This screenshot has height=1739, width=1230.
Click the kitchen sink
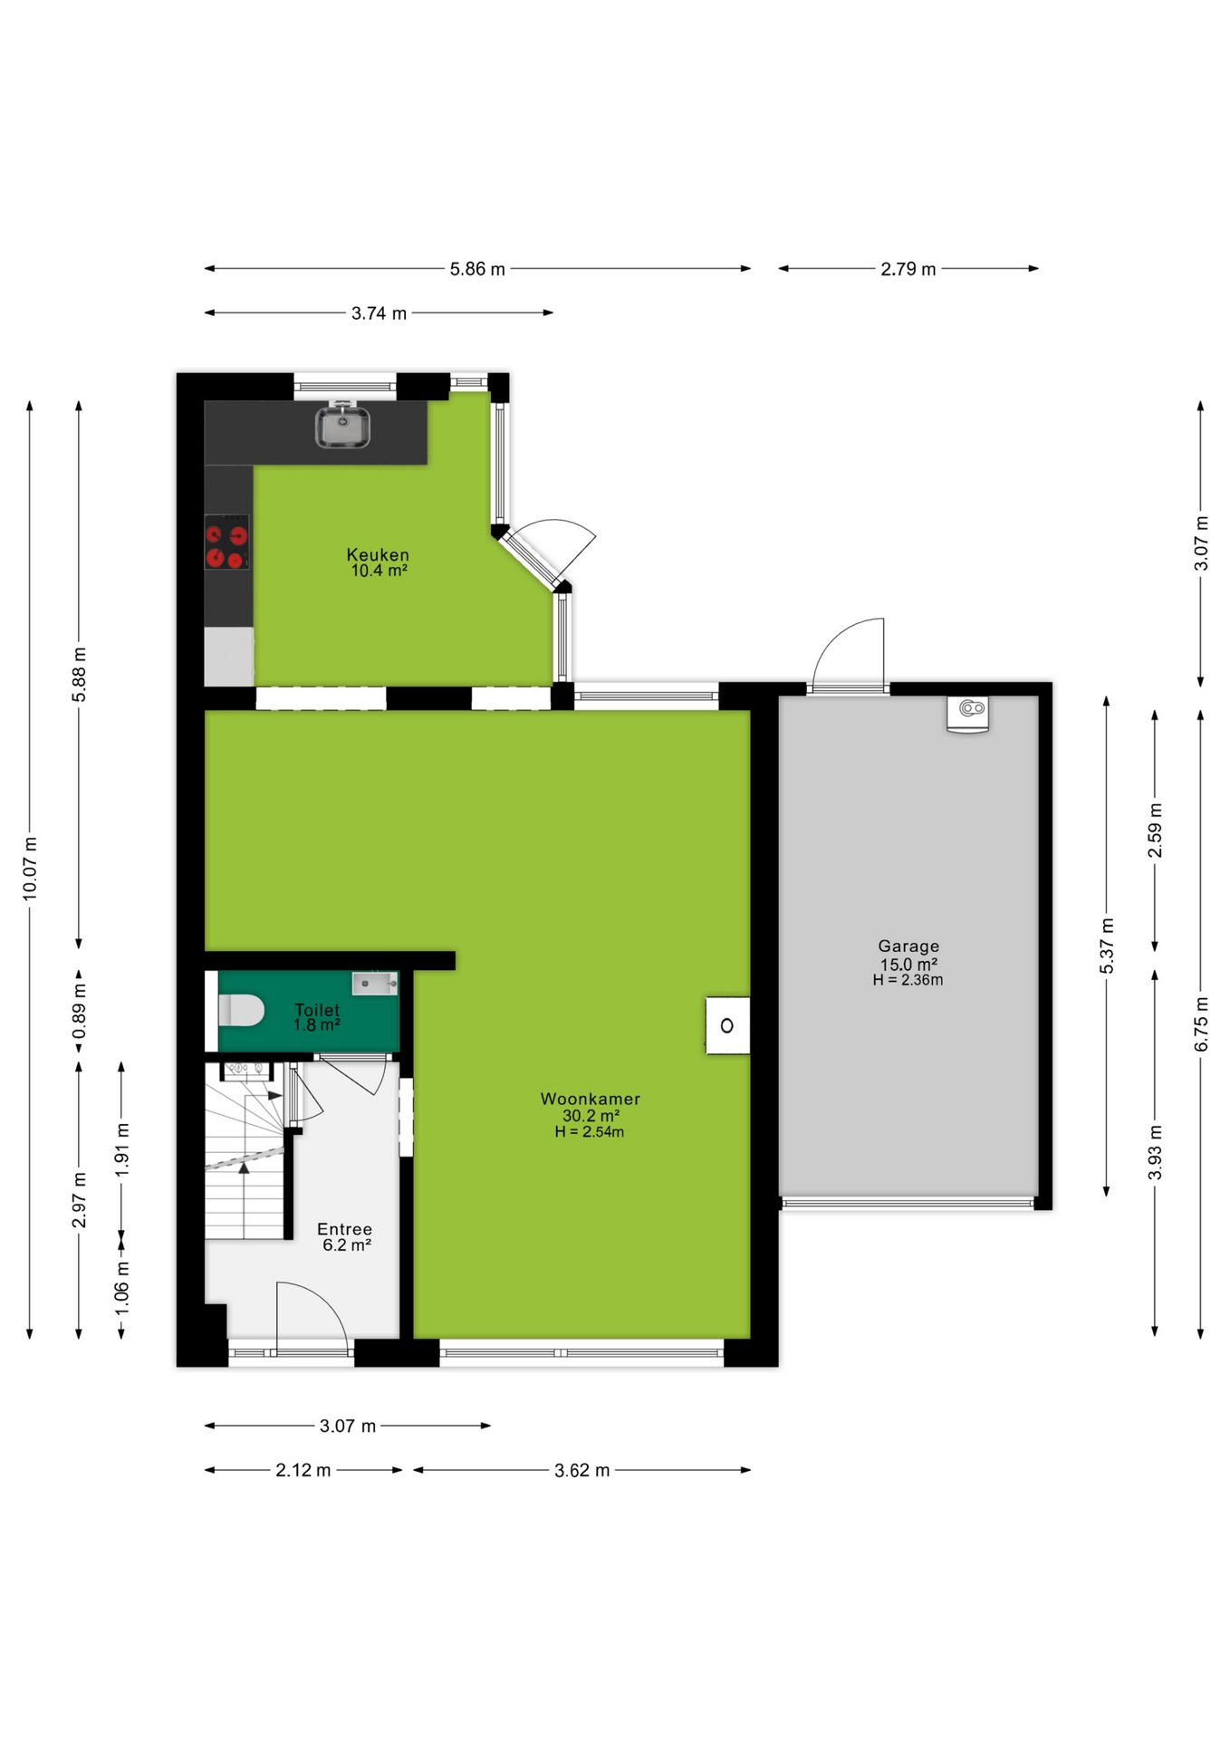point(342,427)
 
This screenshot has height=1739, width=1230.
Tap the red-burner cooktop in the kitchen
point(226,543)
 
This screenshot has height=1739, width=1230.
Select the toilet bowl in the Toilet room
point(241,1010)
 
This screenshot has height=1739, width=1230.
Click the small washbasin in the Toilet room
point(375,983)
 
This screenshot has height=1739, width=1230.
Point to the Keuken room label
point(378,554)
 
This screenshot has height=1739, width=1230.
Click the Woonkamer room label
point(591,1099)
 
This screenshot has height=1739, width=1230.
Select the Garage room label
point(908,946)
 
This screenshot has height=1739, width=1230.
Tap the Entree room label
point(344,1229)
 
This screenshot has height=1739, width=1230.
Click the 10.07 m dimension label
point(30,869)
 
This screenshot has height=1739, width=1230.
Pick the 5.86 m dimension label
point(477,269)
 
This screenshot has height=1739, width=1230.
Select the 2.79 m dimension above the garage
point(908,269)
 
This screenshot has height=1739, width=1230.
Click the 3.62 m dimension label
point(581,1470)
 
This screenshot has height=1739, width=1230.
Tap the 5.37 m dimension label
point(1107,946)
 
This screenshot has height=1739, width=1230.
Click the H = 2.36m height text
point(908,980)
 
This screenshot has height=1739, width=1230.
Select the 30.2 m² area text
point(591,1116)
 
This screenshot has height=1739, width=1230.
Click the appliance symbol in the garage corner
point(967,713)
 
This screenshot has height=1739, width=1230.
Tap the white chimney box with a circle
point(727,1025)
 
